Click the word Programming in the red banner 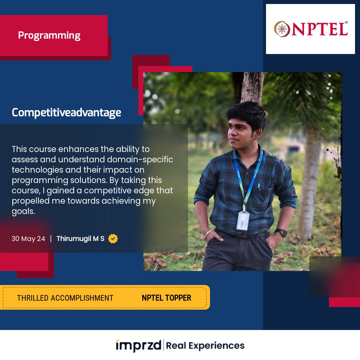(49, 36)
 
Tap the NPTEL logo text (319, 29)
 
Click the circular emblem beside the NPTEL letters (282, 29)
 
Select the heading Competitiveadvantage (66, 113)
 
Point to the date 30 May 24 (28, 239)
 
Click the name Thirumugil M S (80, 239)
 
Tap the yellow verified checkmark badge (113, 239)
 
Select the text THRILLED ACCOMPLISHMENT (65, 298)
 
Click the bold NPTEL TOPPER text (166, 298)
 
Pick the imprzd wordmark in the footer (138, 345)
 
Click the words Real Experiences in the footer (205, 346)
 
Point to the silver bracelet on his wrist (208, 233)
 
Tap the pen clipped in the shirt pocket (259, 186)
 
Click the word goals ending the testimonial (23, 211)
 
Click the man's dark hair (247, 115)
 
